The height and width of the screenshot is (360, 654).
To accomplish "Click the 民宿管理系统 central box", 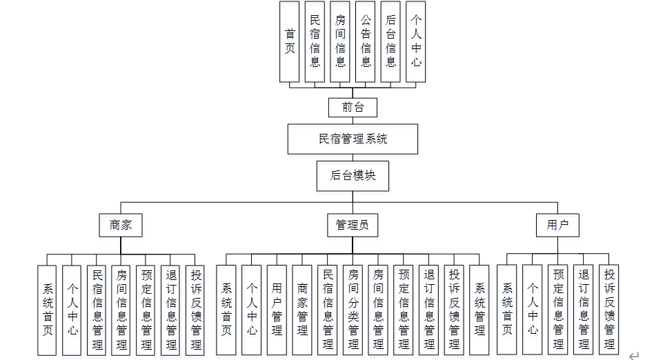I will click(353, 139).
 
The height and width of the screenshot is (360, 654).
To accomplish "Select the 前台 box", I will click(353, 107).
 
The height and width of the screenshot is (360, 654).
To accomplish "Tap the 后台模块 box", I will click(353, 175).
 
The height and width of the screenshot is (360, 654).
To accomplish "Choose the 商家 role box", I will click(121, 225).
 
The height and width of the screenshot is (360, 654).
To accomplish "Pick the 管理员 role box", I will click(352, 225).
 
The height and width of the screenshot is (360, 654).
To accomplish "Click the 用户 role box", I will click(557, 225).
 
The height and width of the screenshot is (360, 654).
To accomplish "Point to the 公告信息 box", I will click(366, 41).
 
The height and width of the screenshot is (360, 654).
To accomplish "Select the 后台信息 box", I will click(390, 41).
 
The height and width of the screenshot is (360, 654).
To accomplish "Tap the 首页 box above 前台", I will click(290, 41).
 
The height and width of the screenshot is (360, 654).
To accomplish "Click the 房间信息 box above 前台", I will click(340, 41).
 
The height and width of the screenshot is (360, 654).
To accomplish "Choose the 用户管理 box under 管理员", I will click(277, 310).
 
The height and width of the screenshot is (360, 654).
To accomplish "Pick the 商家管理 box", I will click(302, 310).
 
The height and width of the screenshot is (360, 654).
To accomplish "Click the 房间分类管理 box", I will click(353, 310).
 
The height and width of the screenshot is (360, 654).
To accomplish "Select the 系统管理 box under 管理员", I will click(479, 310).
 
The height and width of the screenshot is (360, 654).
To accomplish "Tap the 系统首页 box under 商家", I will click(47, 310).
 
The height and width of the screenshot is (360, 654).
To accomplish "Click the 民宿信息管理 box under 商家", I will click(97, 310).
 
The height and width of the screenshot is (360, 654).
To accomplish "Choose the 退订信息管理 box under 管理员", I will click(428, 310).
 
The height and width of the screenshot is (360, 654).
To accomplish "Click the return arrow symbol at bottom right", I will click(634, 354).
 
